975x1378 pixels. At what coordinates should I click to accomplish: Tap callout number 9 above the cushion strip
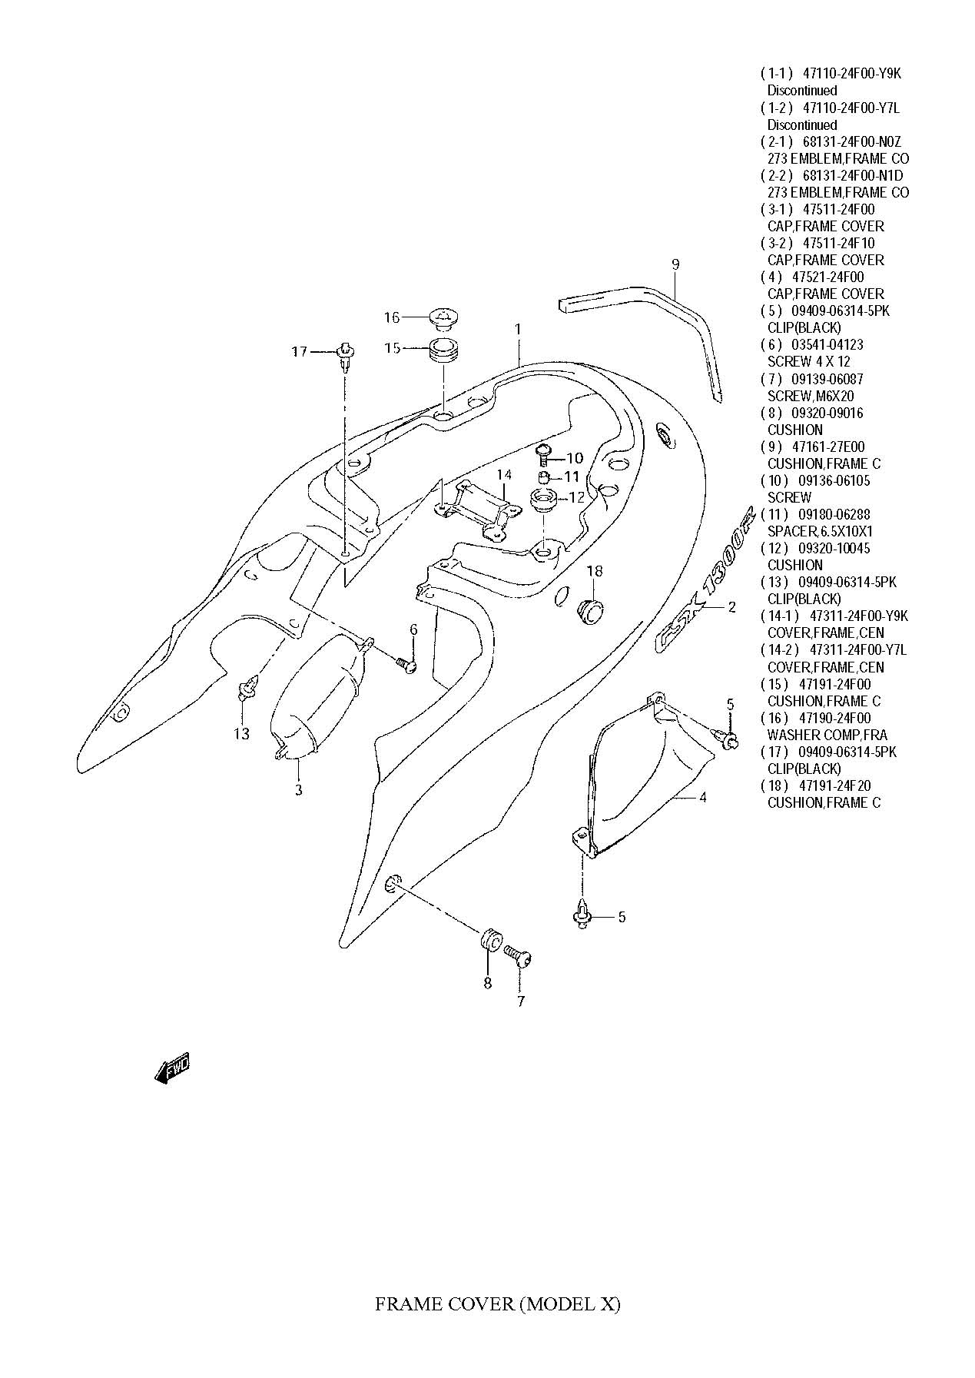click(675, 265)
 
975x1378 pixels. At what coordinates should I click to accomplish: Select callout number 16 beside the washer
click(392, 317)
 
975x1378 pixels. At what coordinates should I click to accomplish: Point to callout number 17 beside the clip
click(299, 352)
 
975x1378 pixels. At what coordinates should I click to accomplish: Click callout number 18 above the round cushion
click(595, 571)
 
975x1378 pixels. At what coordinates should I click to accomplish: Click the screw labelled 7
click(519, 958)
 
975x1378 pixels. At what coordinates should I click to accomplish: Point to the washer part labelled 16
click(443, 316)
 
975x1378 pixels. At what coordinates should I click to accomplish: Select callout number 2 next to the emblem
click(731, 607)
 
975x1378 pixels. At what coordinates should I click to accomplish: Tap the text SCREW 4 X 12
click(808, 361)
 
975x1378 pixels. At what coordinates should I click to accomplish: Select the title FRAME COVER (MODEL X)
click(497, 1304)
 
